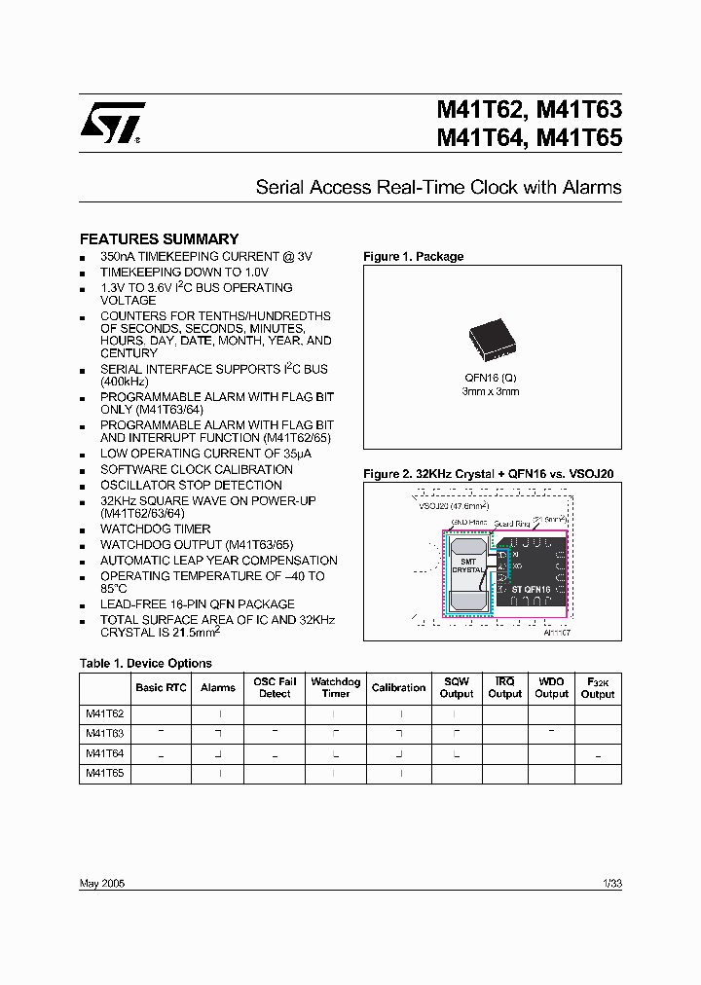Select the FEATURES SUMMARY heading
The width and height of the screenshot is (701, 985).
coord(159,238)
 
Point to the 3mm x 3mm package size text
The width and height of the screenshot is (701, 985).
coord(491,391)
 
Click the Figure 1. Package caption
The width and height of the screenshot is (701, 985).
coord(413,257)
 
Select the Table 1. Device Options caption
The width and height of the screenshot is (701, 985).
coord(145,663)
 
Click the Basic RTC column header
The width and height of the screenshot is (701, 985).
coord(161,687)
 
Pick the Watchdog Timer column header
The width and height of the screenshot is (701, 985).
coord(335,687)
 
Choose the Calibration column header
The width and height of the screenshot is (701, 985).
coord(398,687)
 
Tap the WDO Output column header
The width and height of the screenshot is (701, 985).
coord(551,687)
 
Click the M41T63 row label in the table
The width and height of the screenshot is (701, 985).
coord(104,733)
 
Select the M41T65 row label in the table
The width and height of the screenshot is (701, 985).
coord(104,773)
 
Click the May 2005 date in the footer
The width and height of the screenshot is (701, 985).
coord(101,883)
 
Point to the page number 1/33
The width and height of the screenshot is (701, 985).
coord(611,883)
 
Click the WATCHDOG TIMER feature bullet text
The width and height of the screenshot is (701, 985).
coord(155,529)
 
